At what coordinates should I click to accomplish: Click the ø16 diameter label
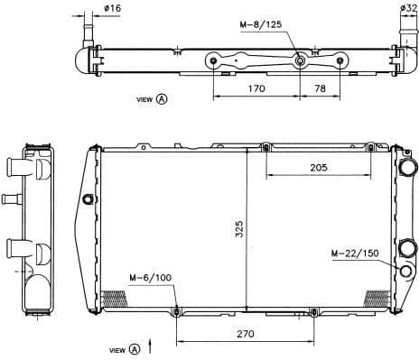click(113, 8)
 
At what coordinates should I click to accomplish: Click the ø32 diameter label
click(408, 8)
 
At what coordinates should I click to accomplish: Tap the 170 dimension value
click(256, 89)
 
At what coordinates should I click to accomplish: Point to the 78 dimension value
click(320, 89)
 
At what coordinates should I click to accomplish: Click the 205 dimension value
click(319, 167)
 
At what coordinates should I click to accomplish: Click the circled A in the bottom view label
click(135, 348)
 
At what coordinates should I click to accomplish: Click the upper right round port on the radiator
click(406, 168)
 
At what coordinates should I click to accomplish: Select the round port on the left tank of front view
click(88, 199)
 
